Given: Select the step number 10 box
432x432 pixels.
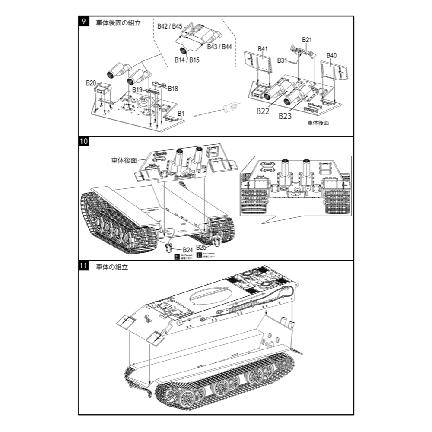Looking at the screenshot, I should tap(84, 142).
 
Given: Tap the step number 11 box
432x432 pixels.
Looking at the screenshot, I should tap(84, 267).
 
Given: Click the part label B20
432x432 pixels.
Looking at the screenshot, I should tap(91, 83).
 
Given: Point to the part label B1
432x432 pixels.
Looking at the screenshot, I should tap(181, 114).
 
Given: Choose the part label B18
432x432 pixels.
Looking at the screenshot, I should tap(173, 88).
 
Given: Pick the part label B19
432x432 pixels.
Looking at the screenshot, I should tap(137, 89).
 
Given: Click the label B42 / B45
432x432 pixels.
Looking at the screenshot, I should tap(170, 26).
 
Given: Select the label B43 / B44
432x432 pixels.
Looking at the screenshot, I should tap(219, 47).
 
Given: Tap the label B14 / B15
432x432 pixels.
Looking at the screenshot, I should tap(187, 60).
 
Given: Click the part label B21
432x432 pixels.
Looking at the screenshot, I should tap(307, 40).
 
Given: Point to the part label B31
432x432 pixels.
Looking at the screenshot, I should tap(283, 60).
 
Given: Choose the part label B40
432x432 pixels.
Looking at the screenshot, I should tap(332, 55).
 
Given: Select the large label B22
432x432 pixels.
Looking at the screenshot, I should tap(263, 111).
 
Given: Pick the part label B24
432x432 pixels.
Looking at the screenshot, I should tap(187, 250).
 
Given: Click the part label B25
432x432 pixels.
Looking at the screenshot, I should tap(201, 247).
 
